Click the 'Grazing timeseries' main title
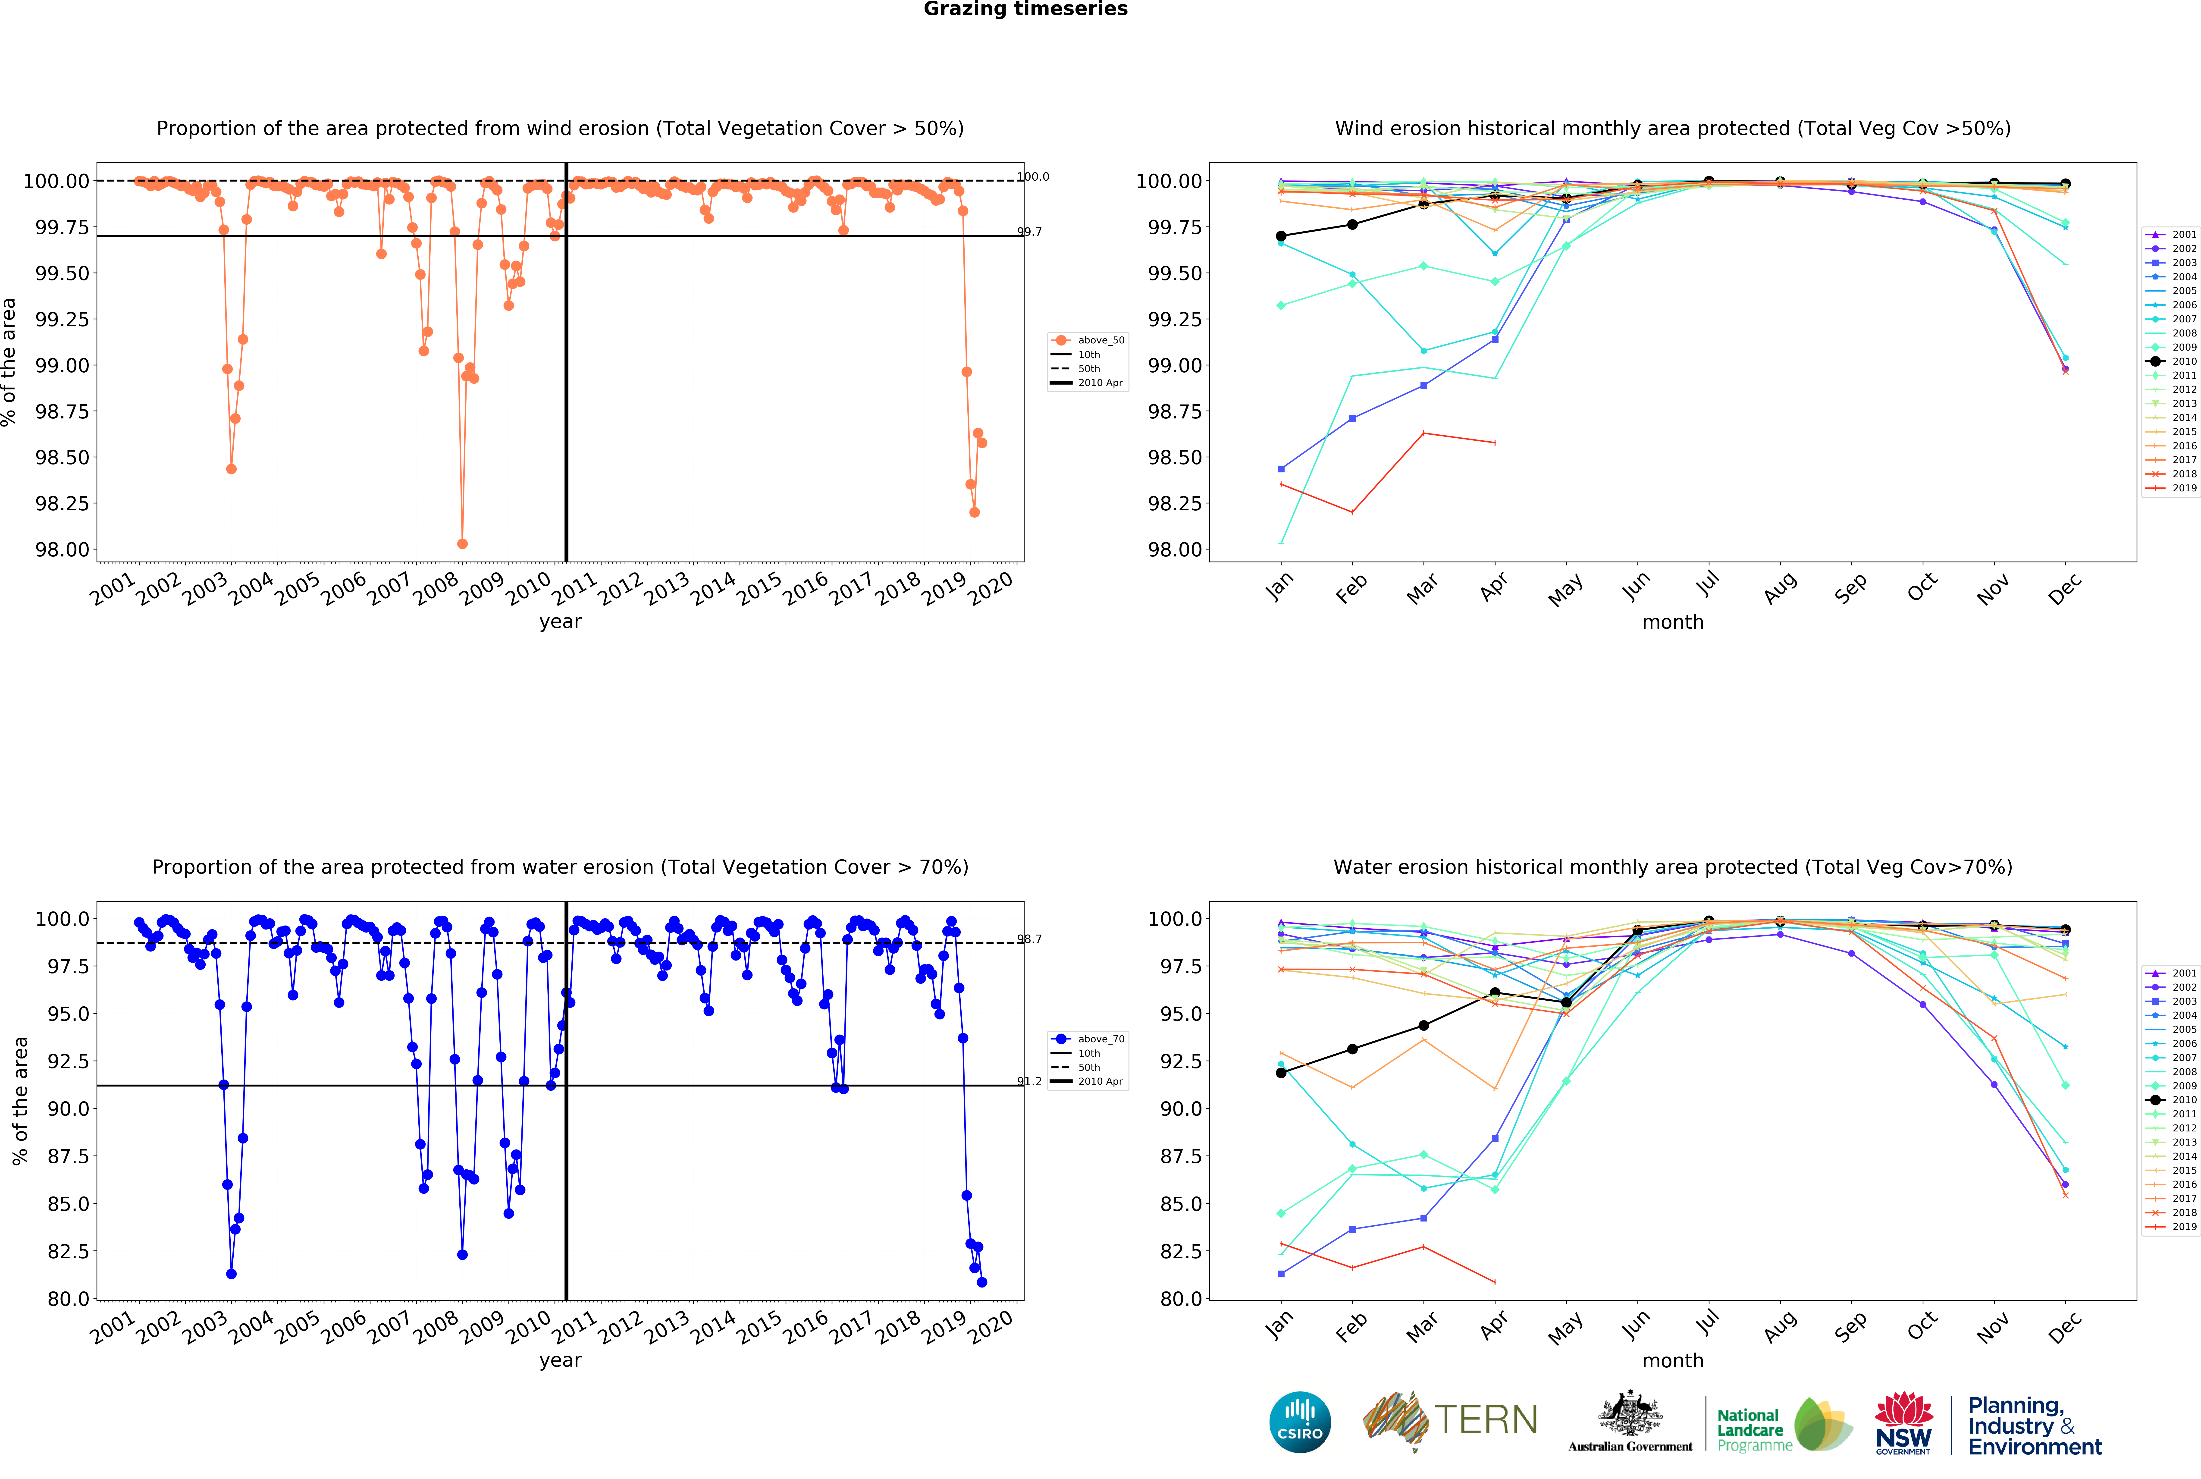point(1025,9)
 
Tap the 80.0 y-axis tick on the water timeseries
point(68,1299)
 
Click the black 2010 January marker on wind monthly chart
point(1281,236)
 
